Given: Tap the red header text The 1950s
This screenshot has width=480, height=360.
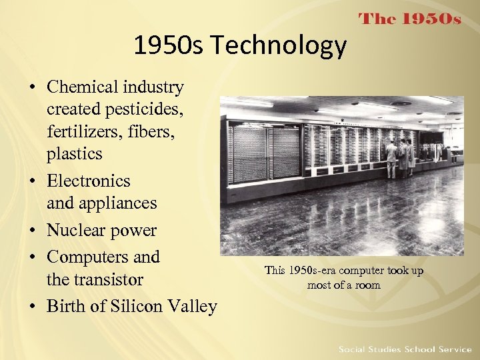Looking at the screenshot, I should click(x=410, y=19).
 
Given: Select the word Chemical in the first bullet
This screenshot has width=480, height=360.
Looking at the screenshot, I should click(x=82, y=87).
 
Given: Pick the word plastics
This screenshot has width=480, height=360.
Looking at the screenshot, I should click(x=74, y=153).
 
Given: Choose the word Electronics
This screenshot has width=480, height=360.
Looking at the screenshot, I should click(x=88, y=181).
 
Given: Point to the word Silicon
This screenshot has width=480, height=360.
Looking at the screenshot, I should click(x=136, y=306).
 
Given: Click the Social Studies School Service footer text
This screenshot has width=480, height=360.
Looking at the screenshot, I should click(x=405, y=349).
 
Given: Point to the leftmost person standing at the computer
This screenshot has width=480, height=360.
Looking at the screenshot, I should click(x=391, y=158).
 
